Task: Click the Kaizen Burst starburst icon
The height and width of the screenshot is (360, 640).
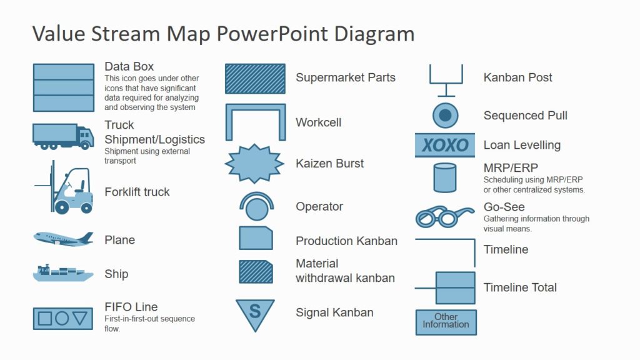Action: click(x=254, y=164)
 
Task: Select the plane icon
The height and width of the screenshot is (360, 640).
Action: click(x=63, y=238)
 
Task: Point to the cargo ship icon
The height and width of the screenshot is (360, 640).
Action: click(x=62, y=273)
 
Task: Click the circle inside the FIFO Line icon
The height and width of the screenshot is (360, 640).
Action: click(x=62, y=318)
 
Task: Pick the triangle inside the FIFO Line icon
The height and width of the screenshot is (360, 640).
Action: click(x=79, y=318)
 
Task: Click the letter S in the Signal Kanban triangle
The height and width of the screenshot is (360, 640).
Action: click(x=254, y=311)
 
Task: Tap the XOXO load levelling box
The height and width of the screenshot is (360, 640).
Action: click(x=444, y=146)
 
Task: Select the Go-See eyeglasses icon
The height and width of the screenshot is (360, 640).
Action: click(x=444, y=217)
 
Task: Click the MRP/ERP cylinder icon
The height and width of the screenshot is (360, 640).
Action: click(x=444, y=177)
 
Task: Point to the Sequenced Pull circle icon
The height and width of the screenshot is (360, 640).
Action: click(x=445, y=116)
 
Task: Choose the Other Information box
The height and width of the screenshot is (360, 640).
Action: click(x=446, y=322)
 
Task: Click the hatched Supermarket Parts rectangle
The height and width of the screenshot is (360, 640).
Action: click(x=255, y=79)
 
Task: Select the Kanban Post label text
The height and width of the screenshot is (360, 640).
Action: click(x=517, y=77)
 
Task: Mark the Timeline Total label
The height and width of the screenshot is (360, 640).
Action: click(x=520, y=287)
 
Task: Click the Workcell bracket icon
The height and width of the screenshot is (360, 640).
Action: click(x=255, y=121)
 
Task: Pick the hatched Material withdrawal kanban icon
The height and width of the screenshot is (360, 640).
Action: click(x=256, y=272)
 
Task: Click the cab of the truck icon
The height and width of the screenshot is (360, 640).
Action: click(x=85, y=136)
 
